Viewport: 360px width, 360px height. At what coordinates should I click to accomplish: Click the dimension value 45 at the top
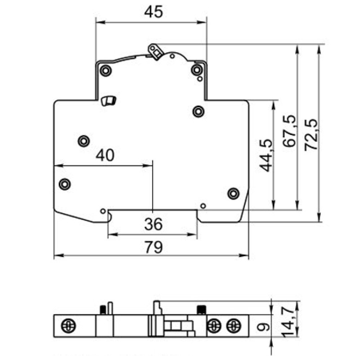coord(153,12)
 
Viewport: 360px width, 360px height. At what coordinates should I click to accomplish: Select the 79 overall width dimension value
coord(153,247)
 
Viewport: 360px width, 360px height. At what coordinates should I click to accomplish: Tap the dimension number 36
coord(153,224)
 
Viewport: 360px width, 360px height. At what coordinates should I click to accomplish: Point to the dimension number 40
coord(105,155)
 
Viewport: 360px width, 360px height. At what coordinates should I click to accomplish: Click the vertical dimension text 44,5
coord(266,155)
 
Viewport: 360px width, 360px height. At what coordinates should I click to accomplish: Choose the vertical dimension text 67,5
coord(289,131)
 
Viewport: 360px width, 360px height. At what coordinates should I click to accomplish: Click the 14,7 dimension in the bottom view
coord(288,323)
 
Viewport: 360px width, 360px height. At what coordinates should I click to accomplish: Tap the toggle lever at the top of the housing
coord(155,52)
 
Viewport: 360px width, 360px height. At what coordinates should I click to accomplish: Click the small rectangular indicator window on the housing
coord(108,101)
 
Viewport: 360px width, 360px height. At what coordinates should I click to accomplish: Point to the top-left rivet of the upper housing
coord(106,71)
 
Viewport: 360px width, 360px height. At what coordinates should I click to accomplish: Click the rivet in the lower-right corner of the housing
coord(234,193)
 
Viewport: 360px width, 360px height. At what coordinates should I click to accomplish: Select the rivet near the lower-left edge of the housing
coord(65,184)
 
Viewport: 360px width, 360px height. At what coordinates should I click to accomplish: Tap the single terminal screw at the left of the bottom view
coord(68,326)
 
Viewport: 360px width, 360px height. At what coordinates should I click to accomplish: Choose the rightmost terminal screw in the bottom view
coord(234,326)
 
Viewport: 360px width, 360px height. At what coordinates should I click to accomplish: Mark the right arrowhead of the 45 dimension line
coord(202,22)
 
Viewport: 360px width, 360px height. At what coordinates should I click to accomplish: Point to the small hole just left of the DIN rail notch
coord(103,211)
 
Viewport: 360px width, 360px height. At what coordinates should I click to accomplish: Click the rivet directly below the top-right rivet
coord(198,112)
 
